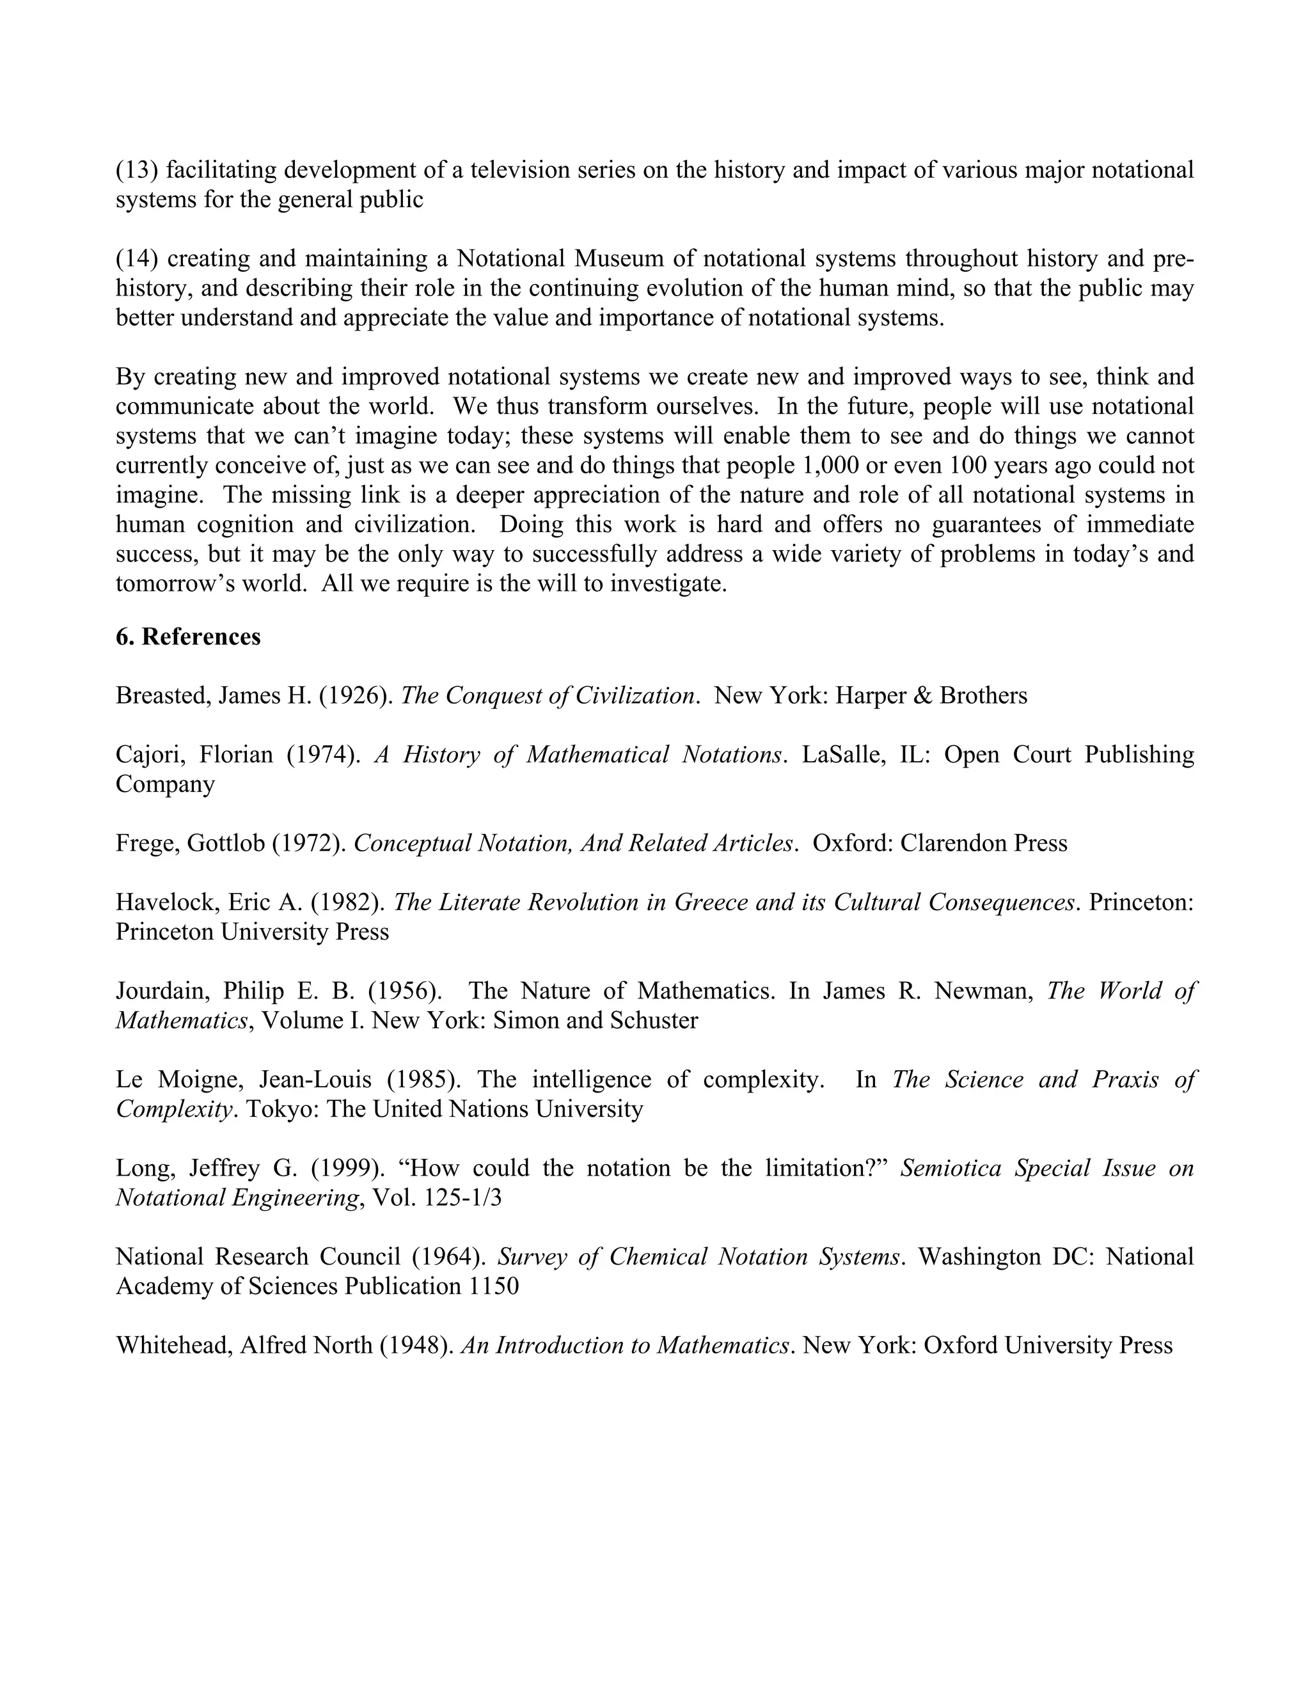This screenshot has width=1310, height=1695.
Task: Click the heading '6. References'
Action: [188, 636]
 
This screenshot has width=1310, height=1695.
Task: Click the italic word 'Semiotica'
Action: [951, 1168]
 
